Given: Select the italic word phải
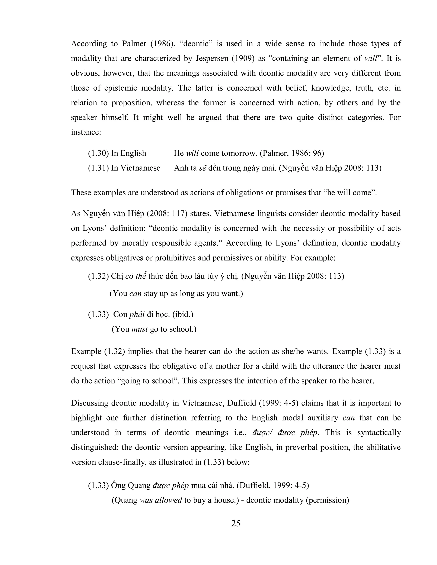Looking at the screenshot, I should pyautogui.click(x=137, y=314).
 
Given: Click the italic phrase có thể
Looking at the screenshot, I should pyautogui.click(x=136, y=276).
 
